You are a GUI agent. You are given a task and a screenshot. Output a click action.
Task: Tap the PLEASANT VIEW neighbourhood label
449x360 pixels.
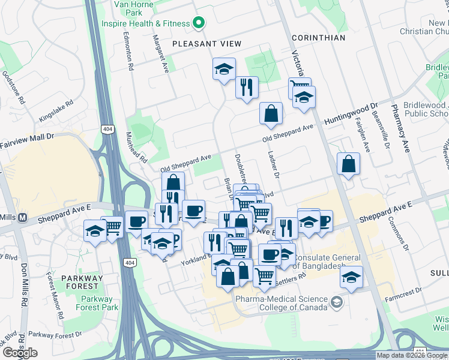pyautogui.click(x=206, y=44)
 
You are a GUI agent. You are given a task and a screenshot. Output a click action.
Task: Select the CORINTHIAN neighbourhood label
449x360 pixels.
pyautogui.click(x=318, y=38)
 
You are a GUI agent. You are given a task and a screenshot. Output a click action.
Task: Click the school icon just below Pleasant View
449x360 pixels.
pyautogui.click(x=224, y=69)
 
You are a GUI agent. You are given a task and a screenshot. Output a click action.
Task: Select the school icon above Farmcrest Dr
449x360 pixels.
pyautogui.click(x=351, y=277)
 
